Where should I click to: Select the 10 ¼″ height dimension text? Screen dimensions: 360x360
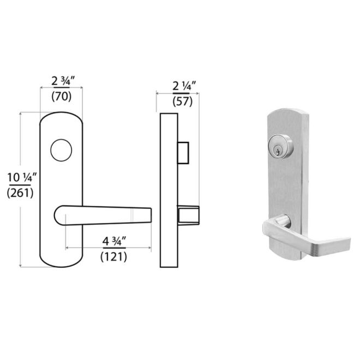pyautogui.click(x=21, y=177)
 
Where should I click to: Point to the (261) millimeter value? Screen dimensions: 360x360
pyautogui.click(x=21, y=192)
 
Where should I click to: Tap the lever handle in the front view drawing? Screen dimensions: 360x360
pyautogui.click(x=104, y=216)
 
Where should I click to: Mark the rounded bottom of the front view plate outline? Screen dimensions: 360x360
pyautogui.click(x=62, y=261)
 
